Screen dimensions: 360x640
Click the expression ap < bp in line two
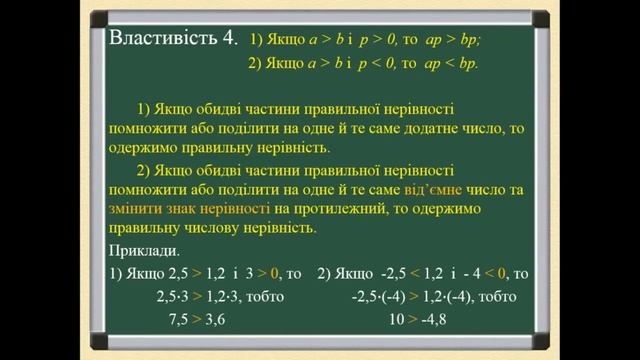pos(450,63)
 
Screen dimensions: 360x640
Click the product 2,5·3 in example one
pos(173,296)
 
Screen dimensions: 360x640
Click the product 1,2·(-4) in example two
pos(460,296)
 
